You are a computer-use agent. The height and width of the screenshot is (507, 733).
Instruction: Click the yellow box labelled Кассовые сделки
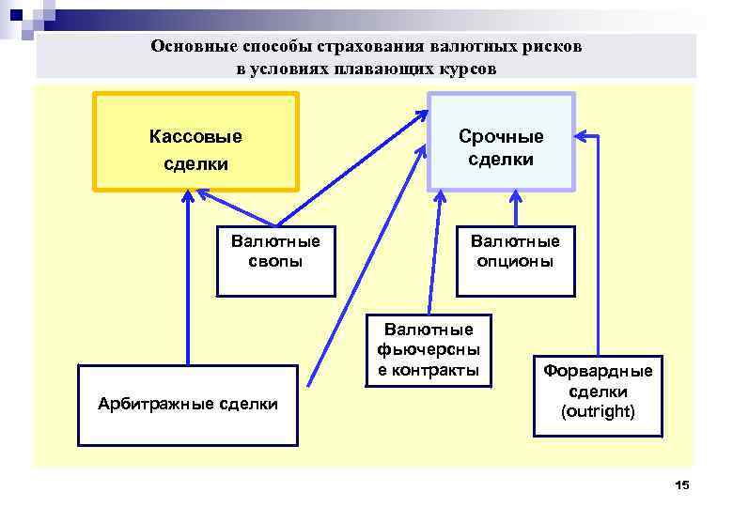click(195, 140)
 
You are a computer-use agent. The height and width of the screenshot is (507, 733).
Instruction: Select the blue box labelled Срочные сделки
click(501, 141)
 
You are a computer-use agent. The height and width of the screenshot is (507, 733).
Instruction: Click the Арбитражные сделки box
click(188, 405)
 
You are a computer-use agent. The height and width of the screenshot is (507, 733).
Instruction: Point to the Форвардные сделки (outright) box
click(598, 394)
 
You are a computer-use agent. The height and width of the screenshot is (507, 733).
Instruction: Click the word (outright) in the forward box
click(598, 412)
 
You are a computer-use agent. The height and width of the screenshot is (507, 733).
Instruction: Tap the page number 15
click(682, 484)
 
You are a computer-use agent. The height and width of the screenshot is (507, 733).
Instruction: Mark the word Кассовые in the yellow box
click(195, 136)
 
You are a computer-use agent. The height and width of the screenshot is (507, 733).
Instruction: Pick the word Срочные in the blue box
click(501, 136)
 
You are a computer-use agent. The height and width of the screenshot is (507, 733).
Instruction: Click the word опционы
click(515, 262)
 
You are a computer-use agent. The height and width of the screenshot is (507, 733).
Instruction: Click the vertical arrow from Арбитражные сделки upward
click(188, 282)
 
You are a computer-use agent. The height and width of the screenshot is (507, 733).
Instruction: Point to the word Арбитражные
click(154, 405)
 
